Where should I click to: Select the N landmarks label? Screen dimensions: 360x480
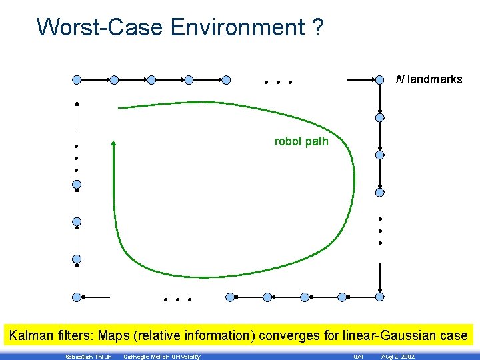429,79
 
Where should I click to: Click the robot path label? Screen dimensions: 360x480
301,141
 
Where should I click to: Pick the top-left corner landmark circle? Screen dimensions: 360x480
77,80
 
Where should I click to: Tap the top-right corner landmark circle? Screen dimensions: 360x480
379,80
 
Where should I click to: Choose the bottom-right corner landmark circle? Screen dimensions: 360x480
379,297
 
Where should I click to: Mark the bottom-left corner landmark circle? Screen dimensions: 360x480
77,297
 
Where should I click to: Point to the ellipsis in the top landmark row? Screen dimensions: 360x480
278,83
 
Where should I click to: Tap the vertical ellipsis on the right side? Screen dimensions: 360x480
379,231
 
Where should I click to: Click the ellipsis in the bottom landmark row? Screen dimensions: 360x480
177,300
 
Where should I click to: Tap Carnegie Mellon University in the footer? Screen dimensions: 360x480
162,357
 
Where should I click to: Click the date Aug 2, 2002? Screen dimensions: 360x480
397,357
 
